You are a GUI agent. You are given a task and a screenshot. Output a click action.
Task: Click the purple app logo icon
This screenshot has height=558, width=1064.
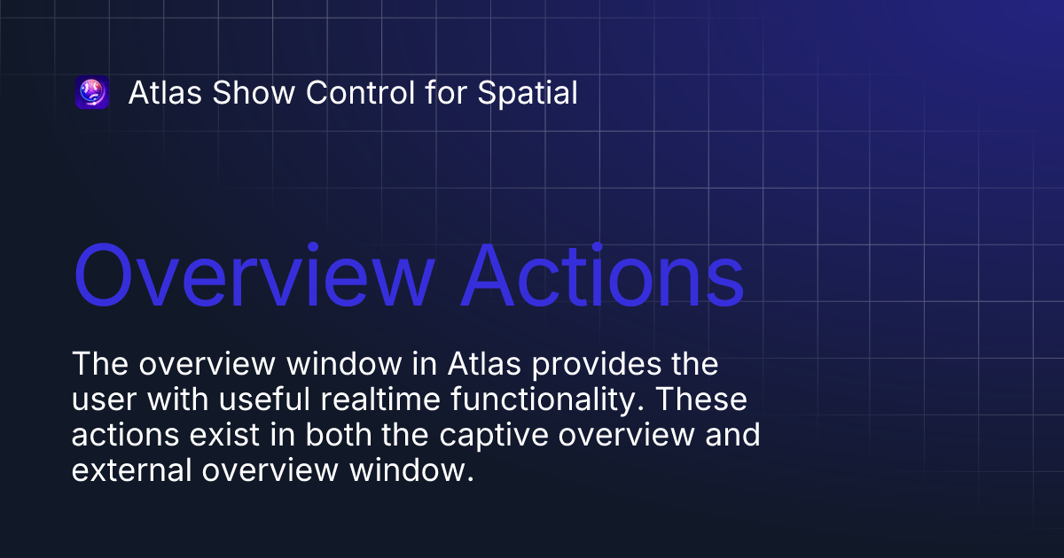[92, 93]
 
